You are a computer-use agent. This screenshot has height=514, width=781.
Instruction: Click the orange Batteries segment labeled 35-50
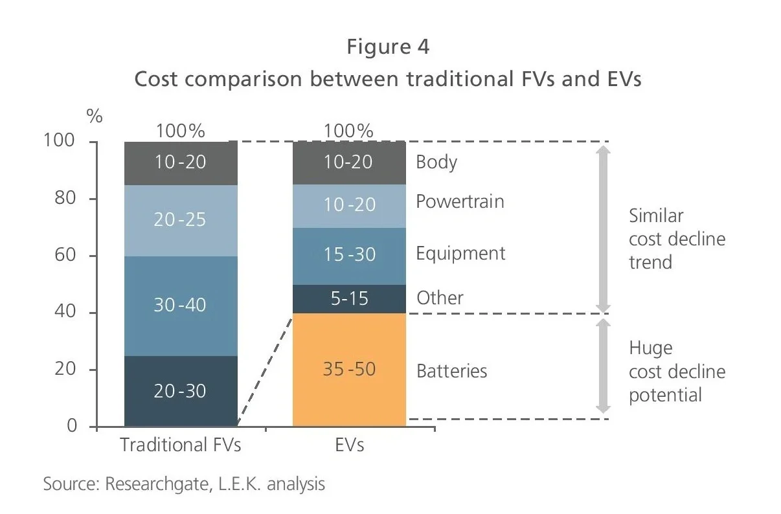click(x=349, y=369)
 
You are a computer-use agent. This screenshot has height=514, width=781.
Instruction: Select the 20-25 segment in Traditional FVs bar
click(x=180, y=220)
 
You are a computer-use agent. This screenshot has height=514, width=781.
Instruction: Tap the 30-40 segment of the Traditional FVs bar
click(x=180, y=305)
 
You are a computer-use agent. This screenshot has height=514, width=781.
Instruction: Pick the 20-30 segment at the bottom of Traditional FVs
click(x=180, y=391)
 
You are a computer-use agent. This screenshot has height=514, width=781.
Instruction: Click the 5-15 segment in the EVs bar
click(x=349, y=298)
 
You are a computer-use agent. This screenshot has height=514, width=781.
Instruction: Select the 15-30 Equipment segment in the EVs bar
click(x=349, y=255)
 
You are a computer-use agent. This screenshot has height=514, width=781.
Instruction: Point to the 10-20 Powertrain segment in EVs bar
click(x=349, y=205)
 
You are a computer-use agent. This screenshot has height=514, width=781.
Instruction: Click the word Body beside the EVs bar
click(x=436, y=162)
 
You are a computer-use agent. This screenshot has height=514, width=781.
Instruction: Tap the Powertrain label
click(x=459, y=201)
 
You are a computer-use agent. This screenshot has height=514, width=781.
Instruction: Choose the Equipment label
click(x=460, y=253)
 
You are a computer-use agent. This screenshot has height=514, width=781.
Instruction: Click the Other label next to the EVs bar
click(x=440, y=298)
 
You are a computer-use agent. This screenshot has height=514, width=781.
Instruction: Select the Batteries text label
click(x=451, y=371)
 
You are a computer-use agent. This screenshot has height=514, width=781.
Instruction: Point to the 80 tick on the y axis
click(x=65, y=199)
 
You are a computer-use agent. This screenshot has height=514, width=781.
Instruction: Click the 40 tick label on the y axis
click(x=65, y=313)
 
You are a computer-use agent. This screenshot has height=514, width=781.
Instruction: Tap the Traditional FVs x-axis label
click(x=180, y=445)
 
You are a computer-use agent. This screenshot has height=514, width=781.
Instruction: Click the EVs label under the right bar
click(x=349, y=445)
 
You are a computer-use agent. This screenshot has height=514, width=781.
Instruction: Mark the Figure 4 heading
click(x=387, y=47)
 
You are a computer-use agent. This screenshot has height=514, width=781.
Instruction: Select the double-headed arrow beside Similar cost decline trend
click(x=603, y=228)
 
